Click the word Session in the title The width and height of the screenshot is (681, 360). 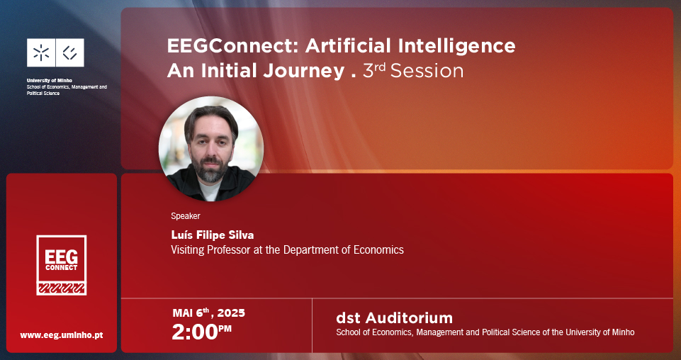click(427, 71)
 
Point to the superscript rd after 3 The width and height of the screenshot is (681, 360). click(380, 68)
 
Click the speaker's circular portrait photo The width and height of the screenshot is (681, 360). click(210, 149)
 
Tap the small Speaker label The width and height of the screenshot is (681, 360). click(186, 216)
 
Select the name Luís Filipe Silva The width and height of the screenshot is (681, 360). click(213, 235)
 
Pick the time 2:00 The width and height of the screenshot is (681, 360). click(195, 332)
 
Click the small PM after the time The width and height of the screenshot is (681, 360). click(225, 328)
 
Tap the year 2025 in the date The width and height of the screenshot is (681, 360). click(231, 313)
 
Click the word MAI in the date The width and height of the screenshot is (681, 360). click(182, 313)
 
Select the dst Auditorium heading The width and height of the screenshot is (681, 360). click(394, 318)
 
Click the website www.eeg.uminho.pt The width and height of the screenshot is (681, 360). click(62, 335)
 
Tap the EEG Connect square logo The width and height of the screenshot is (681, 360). click(61, 265)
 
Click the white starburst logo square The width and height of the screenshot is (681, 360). click(41, 52)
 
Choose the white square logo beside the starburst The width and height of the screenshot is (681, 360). click(70, 52)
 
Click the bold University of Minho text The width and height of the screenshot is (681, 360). click(50, 80)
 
